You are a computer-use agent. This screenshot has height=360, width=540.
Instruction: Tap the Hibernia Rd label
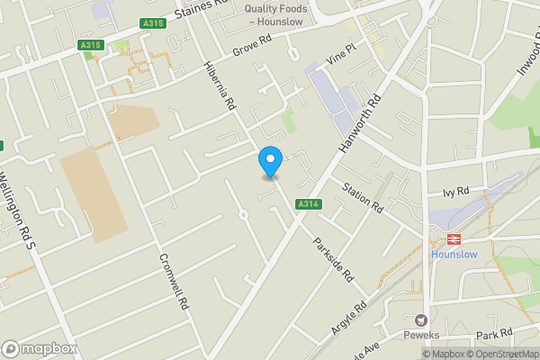pyautogui.click(x=220, y=87)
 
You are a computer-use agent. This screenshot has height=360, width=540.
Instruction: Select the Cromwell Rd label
pyautogui.click(x=172, y=277)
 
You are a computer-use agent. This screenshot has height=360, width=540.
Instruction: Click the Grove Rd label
pyautogui.click(x=251, y=45)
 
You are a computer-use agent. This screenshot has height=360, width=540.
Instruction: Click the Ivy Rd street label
pyautogui.click(x=456, y=192)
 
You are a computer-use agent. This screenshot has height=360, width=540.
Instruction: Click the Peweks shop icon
pyautogui.click(x=419, y=319)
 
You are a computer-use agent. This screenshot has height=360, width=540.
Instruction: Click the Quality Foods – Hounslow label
pyautogui.click(x=276, y=14)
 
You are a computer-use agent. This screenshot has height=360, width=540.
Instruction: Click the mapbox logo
pyautogui.click(x=40, y=348)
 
